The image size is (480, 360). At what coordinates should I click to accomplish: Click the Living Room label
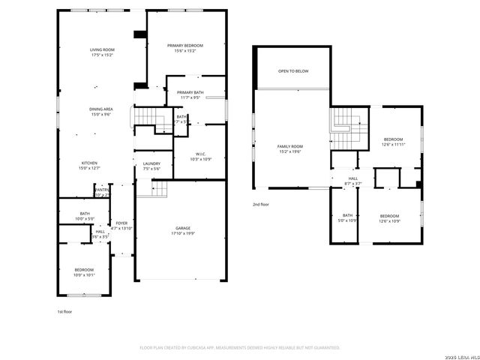pos(101,52)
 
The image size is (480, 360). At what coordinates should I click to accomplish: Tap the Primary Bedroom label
pos(184,48)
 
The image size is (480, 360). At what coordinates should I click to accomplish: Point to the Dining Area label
pos(101,112)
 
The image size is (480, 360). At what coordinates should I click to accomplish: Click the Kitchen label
pos(90,165)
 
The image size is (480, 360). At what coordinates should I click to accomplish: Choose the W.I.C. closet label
pos(200,156)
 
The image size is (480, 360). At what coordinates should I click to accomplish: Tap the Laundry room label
pos(151,166)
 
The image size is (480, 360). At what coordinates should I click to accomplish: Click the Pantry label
pos(102,193)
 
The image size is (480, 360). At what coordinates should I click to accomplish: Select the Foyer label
pos(121,226)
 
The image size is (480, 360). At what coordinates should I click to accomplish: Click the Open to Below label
pos(293,71)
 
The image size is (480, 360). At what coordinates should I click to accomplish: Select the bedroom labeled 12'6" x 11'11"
pos(394,142)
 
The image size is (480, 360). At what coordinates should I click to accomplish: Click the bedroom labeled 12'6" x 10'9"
pos(390,218)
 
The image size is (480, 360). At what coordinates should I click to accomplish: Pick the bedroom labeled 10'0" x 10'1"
pos(84,271)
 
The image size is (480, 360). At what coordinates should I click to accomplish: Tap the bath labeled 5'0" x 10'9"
pos(347,217)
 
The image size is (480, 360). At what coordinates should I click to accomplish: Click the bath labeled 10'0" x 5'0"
pos(84,216)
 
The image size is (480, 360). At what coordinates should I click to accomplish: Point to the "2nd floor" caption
pos(262,204)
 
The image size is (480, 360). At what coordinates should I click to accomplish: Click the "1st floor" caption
pos(65,311)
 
